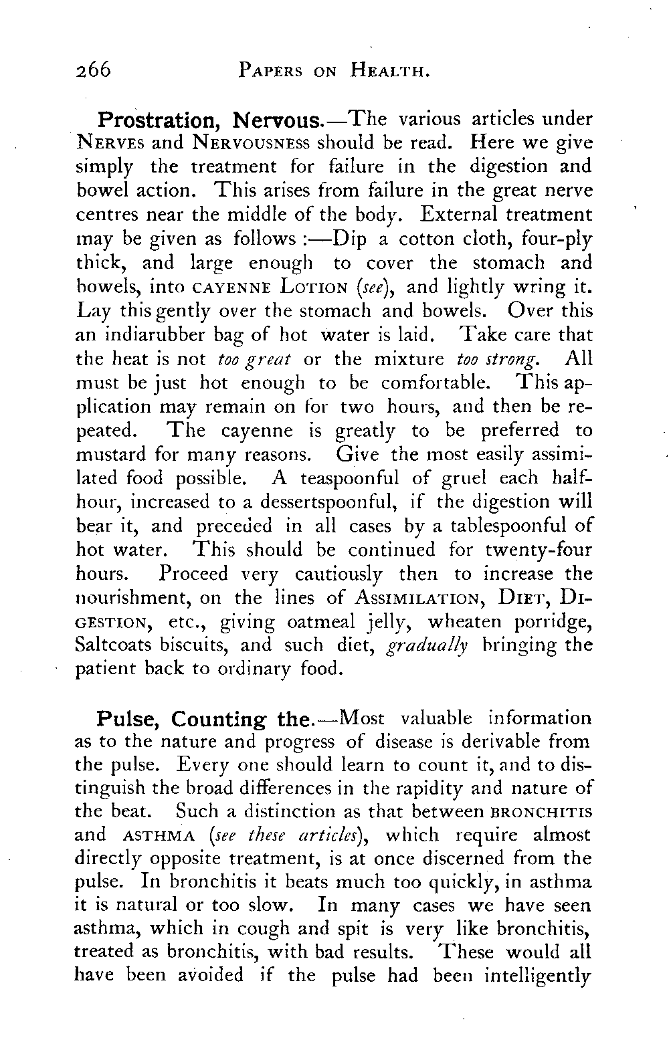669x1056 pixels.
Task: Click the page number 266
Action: [93, 69]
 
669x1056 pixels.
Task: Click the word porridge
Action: [555, 623]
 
